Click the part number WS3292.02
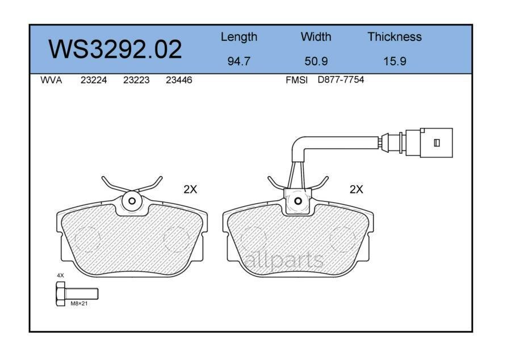(x=115, y=49)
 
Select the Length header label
(x=238, y=37)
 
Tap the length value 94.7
(x=238, y=61)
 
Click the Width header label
(x=316, y=37)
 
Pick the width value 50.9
(x=316, y=61)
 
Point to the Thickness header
(x=394, y=37)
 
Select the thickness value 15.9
(x=394, y=61)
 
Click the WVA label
(x=51, y=80)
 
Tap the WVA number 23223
(x=136, y=80)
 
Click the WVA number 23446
(x=179, y=80)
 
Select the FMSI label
(x=296, y=80)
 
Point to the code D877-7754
(x=341, y=80)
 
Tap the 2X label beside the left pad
(x=190, y=190)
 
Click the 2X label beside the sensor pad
(x=356, y=190)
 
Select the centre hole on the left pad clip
(x=132, y=200)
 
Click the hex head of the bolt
(x=61, y=294)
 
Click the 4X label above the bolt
(x=60, y=275)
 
